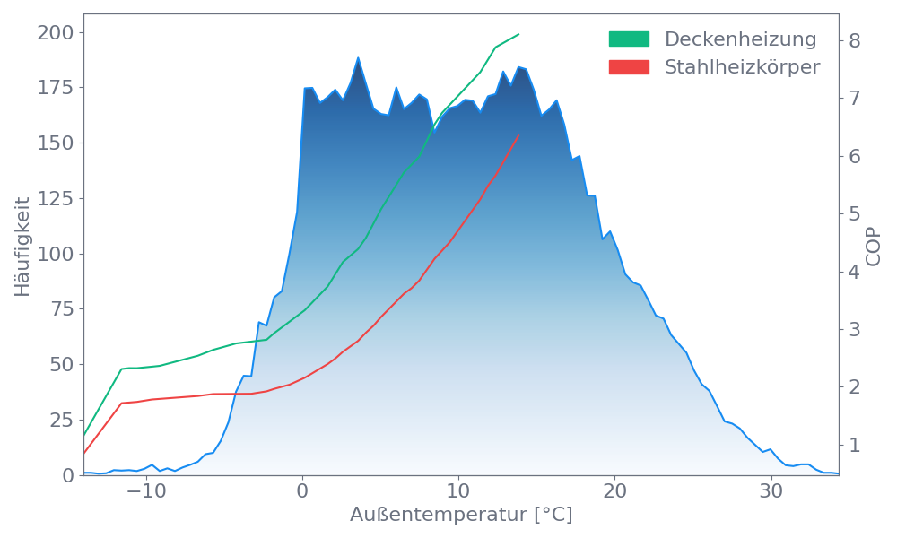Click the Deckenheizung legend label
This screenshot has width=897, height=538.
(x=740, y=39)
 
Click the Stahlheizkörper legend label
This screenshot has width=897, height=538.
(x=742, y=67)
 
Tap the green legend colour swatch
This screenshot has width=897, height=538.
(x=629, y=39)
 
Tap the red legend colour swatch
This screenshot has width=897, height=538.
(x=629, y=67)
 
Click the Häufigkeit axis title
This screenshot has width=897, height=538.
(x=22, y=247)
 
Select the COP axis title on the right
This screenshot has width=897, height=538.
(x=874, y=246)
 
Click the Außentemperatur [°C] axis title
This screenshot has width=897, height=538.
(x=460, y=516)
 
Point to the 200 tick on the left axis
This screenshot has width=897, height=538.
(x=56, y=33)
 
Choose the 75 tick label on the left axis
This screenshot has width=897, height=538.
(x=60, y=309)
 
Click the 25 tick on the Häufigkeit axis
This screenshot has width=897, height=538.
(x=60, y=421)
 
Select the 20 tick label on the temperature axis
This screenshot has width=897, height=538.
(x=614, y=492)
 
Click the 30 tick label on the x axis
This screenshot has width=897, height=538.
(x=771, y=492)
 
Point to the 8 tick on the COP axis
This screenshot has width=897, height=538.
(x=855, y=40)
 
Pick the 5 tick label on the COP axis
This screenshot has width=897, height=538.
(x=855, y=213)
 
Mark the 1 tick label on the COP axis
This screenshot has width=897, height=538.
(x=855, y=445)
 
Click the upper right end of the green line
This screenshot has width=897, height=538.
(x=519, y=34)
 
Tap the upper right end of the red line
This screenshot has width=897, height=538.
(x=518, y=135)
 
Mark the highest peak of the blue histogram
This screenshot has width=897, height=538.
(x=358, y=57)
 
